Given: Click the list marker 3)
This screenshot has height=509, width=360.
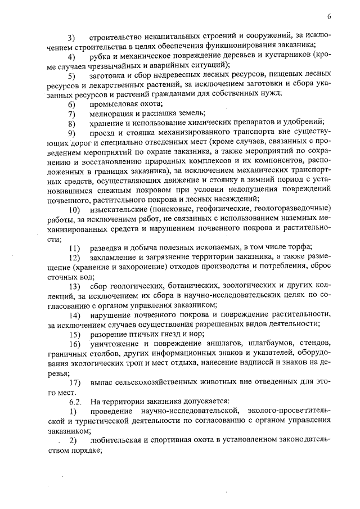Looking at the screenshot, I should click(71, 38).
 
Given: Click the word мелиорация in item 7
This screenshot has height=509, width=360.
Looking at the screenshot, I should click(112, 114).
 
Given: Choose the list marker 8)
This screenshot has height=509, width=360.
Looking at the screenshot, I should click(71, 124).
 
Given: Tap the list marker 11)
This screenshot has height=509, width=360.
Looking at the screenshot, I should click(73, 249).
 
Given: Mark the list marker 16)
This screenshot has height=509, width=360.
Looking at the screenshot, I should click(73, 344).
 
